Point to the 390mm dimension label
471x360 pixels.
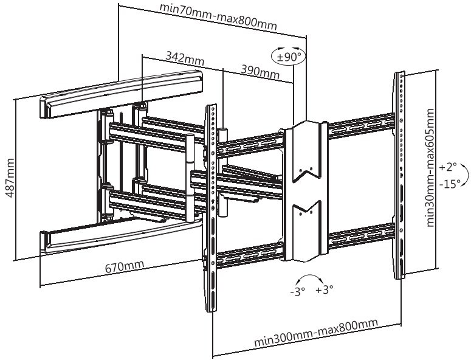tap(260, 71)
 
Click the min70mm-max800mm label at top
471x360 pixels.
tap(218, 17)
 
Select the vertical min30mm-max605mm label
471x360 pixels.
tap(430, 168)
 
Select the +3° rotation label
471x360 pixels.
tap(325, 291)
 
